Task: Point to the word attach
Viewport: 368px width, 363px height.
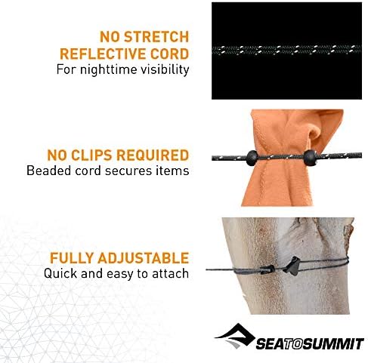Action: click(170, 274)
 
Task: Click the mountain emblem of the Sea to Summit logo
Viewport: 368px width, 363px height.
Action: click(238, 334)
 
